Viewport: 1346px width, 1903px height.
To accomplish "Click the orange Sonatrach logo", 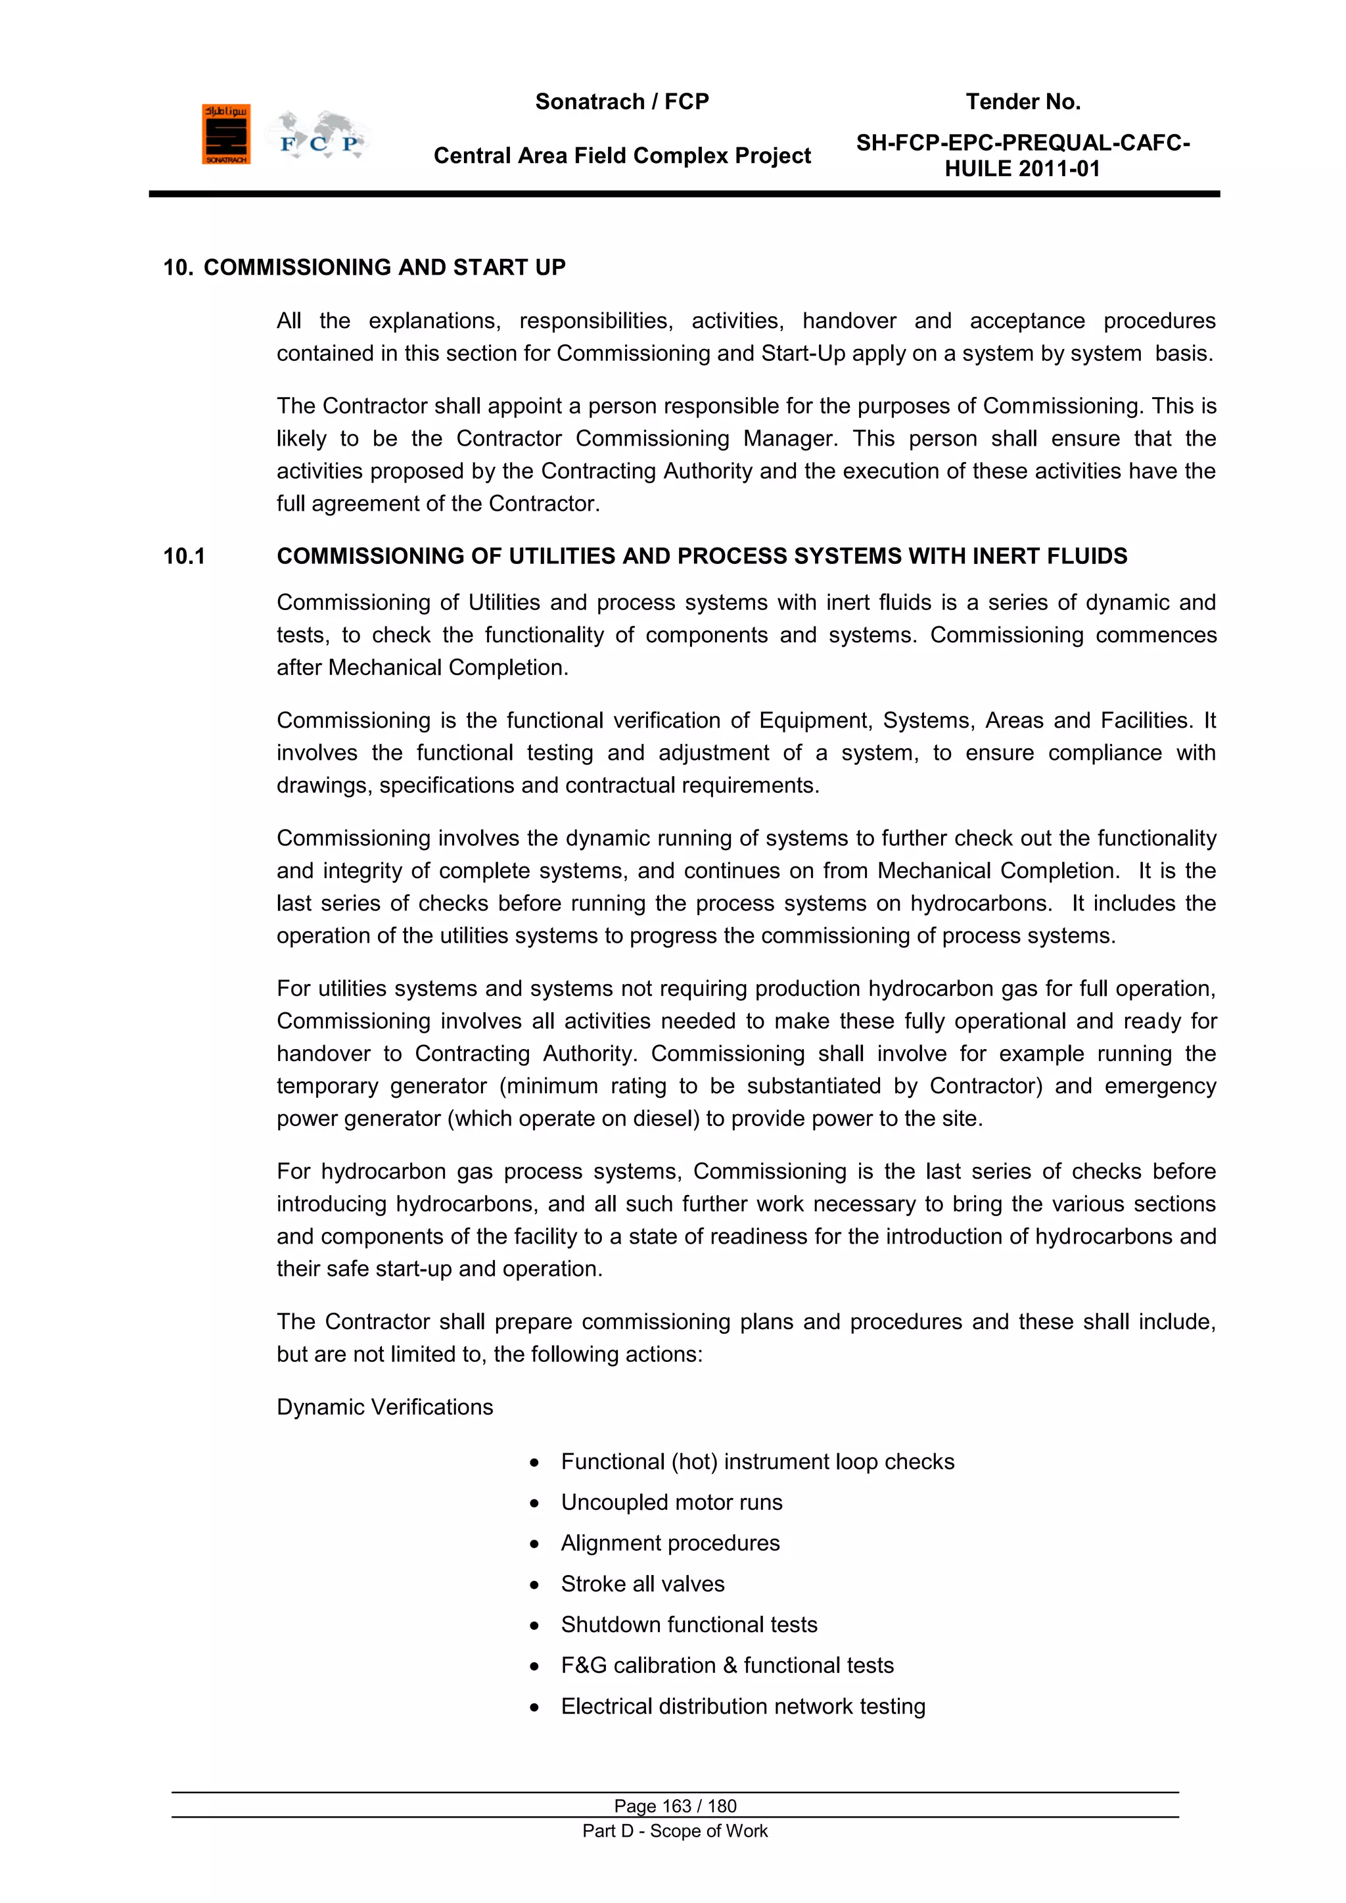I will point(225,134).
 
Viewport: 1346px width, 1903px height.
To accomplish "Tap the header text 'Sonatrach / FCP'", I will point(622,102).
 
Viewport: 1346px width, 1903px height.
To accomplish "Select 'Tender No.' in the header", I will point(1022,102).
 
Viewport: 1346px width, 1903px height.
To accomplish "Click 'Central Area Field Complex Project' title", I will point(622,156).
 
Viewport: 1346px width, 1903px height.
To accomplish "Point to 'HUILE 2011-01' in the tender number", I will point(1022,169).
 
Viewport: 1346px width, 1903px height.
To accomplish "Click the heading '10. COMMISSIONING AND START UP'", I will point(364,268).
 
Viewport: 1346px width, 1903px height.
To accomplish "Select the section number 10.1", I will point(184,556).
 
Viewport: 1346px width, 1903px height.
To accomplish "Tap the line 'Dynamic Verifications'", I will point(384,1407).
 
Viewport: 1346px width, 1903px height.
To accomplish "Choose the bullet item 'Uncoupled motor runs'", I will point(671,1502).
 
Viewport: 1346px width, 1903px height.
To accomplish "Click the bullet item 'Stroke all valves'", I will point(642,1584).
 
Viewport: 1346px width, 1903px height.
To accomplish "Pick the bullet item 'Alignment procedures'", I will point(670,1543).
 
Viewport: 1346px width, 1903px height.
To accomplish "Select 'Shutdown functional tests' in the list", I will point(689,1624).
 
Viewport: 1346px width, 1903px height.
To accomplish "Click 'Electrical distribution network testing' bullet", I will point(743,1706).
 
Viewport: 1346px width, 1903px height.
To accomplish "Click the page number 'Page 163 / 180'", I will point(675,1806).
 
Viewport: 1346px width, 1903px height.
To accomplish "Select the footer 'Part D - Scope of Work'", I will point(675,1831).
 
